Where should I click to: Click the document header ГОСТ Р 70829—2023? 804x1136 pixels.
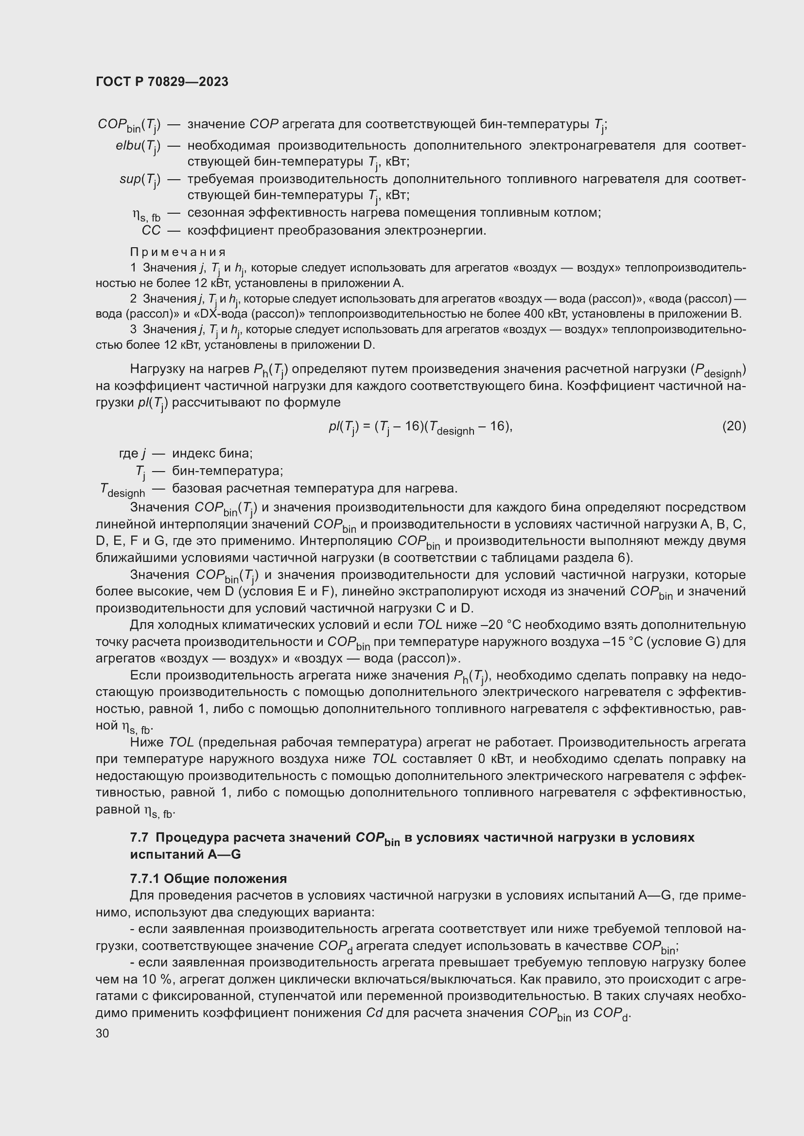(162, 82)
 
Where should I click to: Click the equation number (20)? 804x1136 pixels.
(734, 426)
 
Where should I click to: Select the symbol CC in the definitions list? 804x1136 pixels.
(151, 231)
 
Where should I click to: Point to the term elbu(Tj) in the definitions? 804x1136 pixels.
(138, 147)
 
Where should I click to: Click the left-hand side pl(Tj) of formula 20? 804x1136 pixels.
(343, 427)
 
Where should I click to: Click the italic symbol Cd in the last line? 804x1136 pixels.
(374, 1013)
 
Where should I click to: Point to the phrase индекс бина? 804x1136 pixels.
(212, 453)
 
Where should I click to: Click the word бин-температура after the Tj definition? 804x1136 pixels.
(227, 471)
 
